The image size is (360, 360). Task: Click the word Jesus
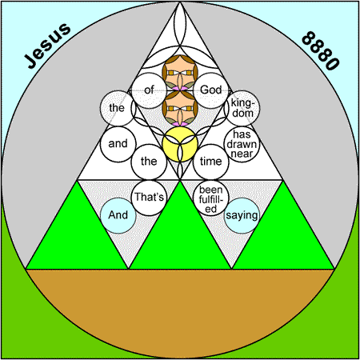click(x=47, y=46)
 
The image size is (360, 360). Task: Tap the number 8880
click(x=321, y=50)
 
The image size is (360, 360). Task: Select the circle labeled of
click(x=149, y=90)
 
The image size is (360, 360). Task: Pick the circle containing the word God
click(x=211, y=90)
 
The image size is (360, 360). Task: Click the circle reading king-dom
click(x=242, y=108)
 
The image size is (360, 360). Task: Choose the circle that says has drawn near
click(x=242, y=144)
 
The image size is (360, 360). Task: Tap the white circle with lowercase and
click(x=118, y=144)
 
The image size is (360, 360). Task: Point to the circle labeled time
click(x=211, y=162)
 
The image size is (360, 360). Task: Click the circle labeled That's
click(x=149, y=198)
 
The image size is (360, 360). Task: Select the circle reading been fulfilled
click(x=211, y=198)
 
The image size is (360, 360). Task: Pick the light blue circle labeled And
click(x=118, y=215)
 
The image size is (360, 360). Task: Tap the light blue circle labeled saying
click(x=242, y=215)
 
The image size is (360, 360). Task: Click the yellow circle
click(x=180, y=144)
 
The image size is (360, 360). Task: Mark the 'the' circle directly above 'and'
click(x=117, y=108)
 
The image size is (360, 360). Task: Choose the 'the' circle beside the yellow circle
click(x=149, y=162)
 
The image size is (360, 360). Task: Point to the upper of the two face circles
click(x=180, y=73)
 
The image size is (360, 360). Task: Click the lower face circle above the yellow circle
click(x=180, y=108)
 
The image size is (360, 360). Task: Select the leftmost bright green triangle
click(x=77, y=234)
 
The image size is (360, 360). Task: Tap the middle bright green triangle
click(x=180, y=234)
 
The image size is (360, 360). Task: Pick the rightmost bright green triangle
click(x=283, y=234)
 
